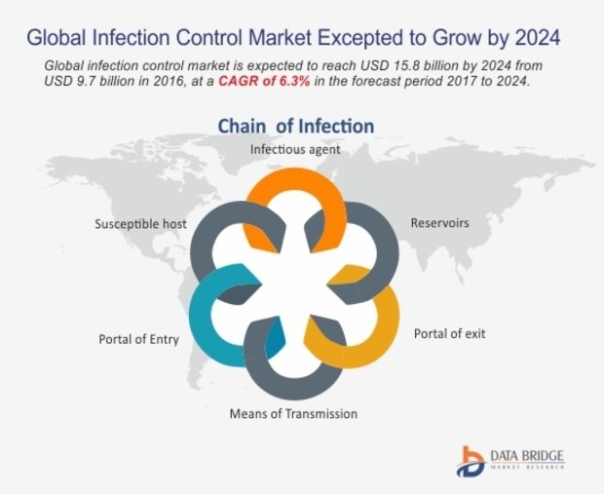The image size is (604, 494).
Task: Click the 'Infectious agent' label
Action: [295, 149]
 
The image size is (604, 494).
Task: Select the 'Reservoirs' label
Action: [440, 223]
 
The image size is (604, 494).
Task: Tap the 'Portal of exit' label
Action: [449, 333]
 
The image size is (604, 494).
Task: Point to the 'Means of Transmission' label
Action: [293, 413]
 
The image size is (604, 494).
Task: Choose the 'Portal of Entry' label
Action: [139, 339]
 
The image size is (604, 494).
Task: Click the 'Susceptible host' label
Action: [140, 224]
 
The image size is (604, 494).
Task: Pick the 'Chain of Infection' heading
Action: [296, 126]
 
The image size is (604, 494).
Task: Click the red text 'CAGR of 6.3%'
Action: [264, 81]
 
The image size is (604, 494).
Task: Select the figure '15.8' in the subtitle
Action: [405, 65]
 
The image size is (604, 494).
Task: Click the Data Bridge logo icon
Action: [471, 461]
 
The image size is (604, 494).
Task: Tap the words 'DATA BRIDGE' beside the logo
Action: [527, 456]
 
